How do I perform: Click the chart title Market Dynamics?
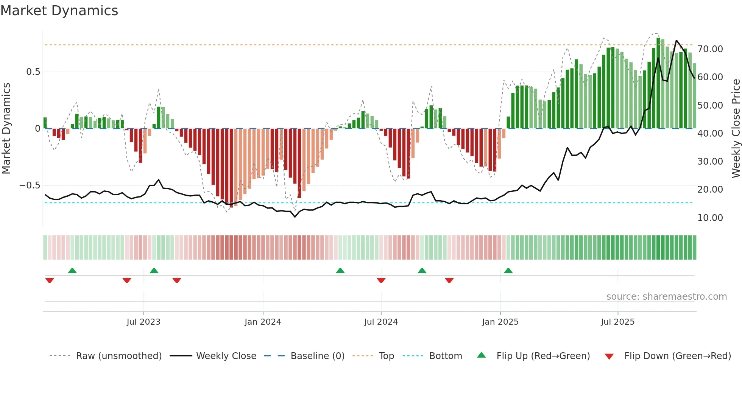tap(59, 11)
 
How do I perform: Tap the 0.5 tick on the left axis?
tap(33, 72)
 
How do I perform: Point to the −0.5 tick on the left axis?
tap(30, 185)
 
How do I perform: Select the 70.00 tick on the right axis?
tap(710, 49)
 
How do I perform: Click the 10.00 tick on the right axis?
tap(710, 218)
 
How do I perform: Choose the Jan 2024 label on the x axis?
tap(263, 322)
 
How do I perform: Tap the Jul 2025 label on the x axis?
tap(617, 322)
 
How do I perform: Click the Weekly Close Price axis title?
tap(736, 129)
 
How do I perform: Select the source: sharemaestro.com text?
tap(666, 297)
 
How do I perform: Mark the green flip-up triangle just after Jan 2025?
tap(508, 271)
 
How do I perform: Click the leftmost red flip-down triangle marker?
tap(50, 280)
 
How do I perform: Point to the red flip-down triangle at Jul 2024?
tap(381, 280)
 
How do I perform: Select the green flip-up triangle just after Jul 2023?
tap(154, 271)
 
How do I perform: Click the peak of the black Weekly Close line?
tap(677, 40)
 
